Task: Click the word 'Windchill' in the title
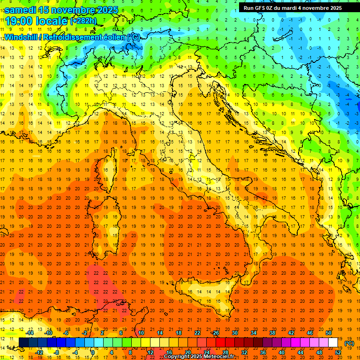pos(21,37)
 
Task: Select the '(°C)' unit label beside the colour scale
pos(349,343)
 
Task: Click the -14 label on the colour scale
pos(30,333)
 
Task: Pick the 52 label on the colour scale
pos(338,352)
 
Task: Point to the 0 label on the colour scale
pos(93,352)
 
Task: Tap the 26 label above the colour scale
pos(215,333)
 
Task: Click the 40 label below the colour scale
pos(282,352)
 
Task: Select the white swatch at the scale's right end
pos(333,343)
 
